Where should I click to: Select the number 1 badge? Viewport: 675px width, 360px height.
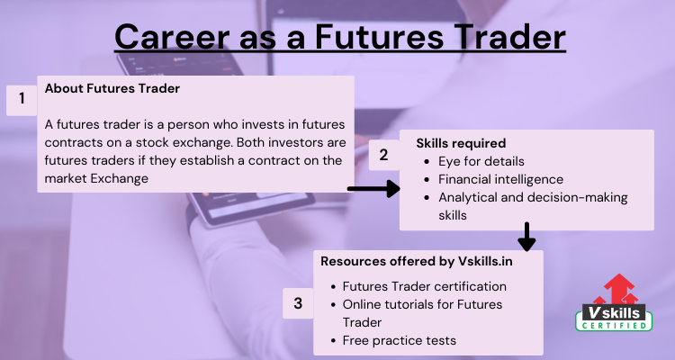pyautogui.click(x=22, y=99)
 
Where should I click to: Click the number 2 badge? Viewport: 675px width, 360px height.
pyautogui.click(x=383, y=155)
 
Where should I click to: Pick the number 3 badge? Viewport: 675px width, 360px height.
pyautogui.click(x=298, y=303)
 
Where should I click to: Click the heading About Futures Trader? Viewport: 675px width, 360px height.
pyautogui.click(x=112, y=88)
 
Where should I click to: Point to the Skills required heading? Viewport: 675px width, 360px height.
pyautogui.click(x=461, y=143)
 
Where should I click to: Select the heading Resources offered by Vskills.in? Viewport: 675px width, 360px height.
pyautogui.click(x=417, y=261)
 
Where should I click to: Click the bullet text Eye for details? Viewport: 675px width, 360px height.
pyautogui.click(x=481, y=161)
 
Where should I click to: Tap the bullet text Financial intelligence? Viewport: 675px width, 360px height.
pyautogui.click(x=500, y=179)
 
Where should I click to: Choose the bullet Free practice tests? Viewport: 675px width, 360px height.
pyautogui.click(x=399, y=340)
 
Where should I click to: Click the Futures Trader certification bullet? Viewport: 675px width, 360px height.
pyautogui.click(x=425, y=286)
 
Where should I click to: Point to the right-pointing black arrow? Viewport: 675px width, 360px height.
pyautogui.click(x=373, y=189)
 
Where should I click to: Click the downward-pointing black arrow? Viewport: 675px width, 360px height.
pyautogui.click(x=526, y=237)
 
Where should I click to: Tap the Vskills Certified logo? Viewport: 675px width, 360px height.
pyautogui.click(x=614, y=302)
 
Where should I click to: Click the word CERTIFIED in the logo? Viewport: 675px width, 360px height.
pyautogui.click(x=614, y=325)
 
